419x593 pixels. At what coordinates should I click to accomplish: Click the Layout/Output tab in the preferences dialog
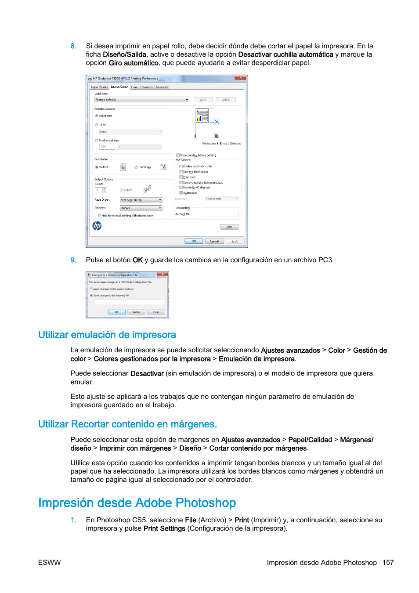(119, 87)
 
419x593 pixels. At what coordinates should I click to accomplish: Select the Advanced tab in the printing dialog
(162, 87)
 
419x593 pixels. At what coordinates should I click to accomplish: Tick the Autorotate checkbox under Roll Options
(181, 193)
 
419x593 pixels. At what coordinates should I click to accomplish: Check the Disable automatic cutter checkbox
(181, 166)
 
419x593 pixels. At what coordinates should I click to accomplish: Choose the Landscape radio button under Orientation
(136, 167)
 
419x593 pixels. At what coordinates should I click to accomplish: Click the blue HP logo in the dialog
(97, 226)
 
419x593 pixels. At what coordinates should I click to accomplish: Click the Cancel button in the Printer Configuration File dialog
(136, 312)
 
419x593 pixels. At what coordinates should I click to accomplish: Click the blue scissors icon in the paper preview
(217, 122)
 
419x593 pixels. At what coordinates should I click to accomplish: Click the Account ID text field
(222, 214)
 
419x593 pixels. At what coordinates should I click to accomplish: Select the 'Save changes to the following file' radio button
(91, 296)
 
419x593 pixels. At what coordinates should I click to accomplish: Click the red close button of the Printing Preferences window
(240, 78)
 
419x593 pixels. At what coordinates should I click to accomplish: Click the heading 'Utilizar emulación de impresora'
(107, 335)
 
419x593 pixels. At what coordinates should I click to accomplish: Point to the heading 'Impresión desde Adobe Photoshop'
(137, 503)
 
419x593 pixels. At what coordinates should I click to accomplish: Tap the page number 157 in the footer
(388, 563)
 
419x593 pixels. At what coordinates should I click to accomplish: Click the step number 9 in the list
(73, 260)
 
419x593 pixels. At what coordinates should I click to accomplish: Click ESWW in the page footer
(49, 563)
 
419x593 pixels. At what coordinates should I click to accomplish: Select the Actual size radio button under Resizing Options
(96, 116)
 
